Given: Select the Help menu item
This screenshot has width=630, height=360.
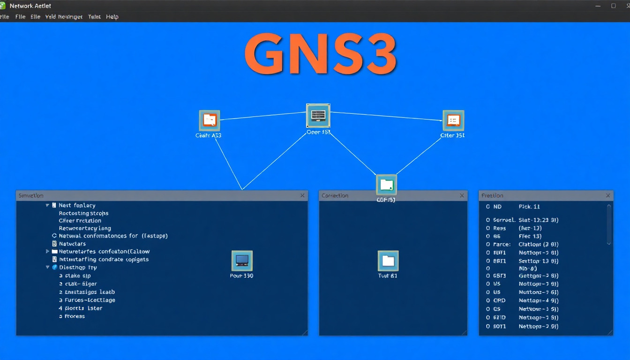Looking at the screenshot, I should click(x=112, y=16).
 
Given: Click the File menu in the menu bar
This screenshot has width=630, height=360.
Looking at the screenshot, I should click(x=20, y=16).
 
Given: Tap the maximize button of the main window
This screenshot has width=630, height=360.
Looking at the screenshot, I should click(x=613, y=6).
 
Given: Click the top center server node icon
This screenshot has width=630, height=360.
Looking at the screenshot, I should click(x=318, y=115).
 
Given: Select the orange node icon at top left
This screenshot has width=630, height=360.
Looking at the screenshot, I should click(x=210, y=120).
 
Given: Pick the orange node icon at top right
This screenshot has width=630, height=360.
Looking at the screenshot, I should click(x=453, y=120).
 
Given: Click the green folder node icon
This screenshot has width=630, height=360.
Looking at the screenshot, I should click(x=386, y=185).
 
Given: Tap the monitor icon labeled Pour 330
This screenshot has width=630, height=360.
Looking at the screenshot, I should click(x=242, y=261).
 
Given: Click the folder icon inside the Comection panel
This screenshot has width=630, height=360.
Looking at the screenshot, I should click(x=388, y=261).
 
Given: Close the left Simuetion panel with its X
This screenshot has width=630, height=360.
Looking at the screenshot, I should click(x=302, y=195).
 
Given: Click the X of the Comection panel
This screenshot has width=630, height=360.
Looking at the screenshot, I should click(x=462, y=195).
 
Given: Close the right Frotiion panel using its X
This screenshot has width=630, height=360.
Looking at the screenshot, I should click(x=608, y=195).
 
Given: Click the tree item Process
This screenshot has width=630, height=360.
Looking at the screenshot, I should click(x=75, y=316).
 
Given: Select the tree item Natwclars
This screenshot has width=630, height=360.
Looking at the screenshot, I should click(x=72, y=244).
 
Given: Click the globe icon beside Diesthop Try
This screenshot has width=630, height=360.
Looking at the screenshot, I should click(x=54, y=267).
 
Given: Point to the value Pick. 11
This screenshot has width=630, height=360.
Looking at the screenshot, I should click(x=529, y=207).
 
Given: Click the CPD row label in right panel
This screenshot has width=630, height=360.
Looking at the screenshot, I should click(x=499, y=300).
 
